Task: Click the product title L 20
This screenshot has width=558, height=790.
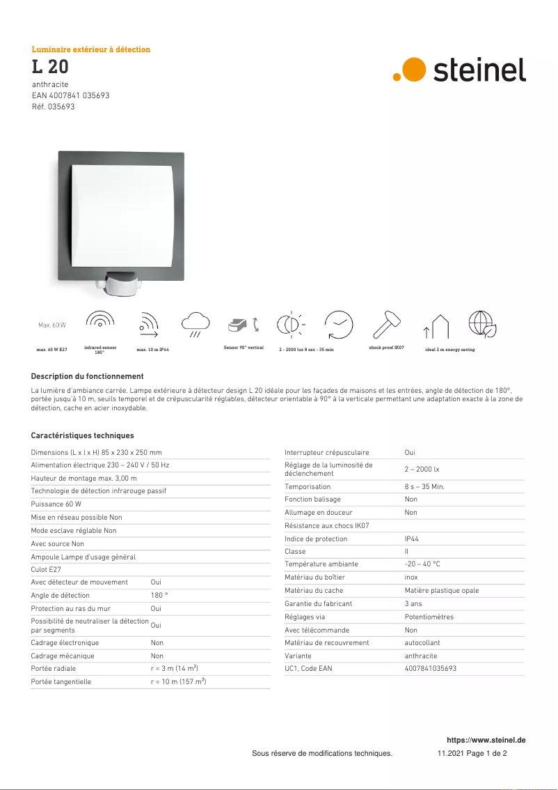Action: (x=50, y=68)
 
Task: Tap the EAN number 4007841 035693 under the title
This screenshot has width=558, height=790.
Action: (x=70, y=95)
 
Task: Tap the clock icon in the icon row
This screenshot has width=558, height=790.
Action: (x=339, y=324)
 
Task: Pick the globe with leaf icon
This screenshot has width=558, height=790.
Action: (x=481, y=324)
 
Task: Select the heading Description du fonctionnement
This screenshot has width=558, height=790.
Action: (x=87, y=376)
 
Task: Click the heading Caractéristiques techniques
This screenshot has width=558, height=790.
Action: (x=82, y=435)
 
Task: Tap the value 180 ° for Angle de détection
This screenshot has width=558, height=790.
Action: (x=159, y=595)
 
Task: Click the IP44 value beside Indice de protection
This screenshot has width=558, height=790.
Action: (x=412, y=539)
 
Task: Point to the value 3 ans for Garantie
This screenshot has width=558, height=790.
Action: (x=413, y=603)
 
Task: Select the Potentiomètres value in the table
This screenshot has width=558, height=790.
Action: (x=429, y=617)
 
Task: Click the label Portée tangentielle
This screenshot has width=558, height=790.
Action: (x=61, y=681)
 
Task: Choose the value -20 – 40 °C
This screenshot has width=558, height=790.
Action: (x=422, y=564)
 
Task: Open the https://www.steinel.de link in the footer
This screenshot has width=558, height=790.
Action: (x=486, y=740)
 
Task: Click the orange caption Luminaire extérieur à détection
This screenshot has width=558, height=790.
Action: (x=91, y=49)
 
